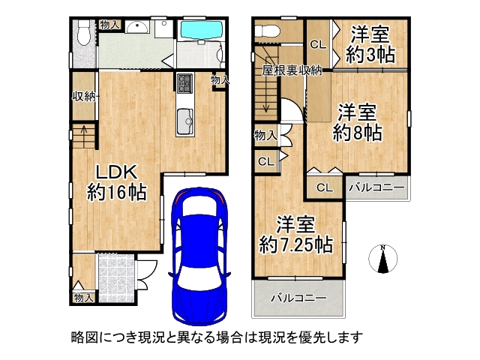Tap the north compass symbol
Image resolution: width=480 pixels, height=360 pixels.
click(x=383, y=259)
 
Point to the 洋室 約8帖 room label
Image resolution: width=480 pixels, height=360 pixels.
click(x=358, y=122)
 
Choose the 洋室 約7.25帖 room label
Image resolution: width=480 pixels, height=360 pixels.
click(x=296, y=233)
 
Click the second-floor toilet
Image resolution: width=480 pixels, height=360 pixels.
click(x=267, y=31)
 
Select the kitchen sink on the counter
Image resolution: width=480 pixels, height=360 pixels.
click(x=184, y=118)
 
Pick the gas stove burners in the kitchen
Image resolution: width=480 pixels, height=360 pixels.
click(x=185, y=82)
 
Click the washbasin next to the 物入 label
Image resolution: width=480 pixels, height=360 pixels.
click(x=137, y=28)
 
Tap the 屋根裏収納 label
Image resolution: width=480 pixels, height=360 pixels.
click(x=292, y=70)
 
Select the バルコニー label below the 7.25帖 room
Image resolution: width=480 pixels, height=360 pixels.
click(x=298, y=298)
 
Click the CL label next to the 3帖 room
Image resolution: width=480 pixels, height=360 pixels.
click(x=318, y=44)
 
